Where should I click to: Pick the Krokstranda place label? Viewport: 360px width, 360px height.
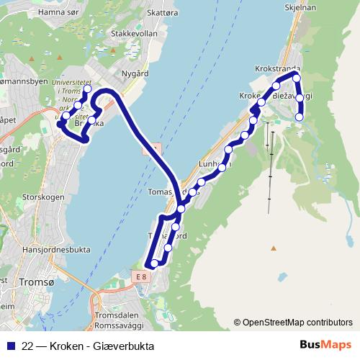click(277, 69)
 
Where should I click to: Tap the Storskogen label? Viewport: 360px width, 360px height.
click(43, 196)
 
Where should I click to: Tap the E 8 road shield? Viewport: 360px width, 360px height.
click(140, 275)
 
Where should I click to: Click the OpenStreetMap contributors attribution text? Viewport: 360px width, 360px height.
click(293, 322)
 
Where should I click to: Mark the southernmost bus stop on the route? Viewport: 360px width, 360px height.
click(153, 264)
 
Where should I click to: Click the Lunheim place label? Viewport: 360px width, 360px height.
click(215, 165)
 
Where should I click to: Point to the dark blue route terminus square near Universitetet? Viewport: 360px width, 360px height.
click(60, 124)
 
